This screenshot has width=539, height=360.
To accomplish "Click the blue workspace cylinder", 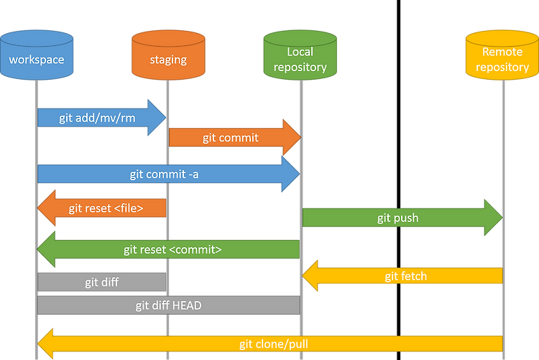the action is coord(37,55).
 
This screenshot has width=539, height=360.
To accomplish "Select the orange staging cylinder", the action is coord(168,55).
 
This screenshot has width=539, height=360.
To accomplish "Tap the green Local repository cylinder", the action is coord(300,55).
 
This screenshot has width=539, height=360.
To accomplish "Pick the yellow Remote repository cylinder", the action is coord(502,55).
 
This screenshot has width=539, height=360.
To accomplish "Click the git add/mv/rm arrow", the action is coord(102,118).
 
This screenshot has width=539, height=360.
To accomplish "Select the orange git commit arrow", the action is coord(235,137).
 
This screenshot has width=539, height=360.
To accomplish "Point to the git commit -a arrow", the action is coord(168,174).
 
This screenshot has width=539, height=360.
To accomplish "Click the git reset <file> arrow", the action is coord(102,208).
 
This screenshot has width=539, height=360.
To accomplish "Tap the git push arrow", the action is coord(402,217).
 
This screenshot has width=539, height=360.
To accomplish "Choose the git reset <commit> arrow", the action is coord(168,249).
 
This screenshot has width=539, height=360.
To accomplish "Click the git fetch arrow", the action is coord(402,276).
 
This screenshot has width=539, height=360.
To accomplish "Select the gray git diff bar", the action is coord(102,282).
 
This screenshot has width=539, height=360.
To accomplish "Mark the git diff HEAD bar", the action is coord(169,305).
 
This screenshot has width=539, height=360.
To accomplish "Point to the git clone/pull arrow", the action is coord(270,344).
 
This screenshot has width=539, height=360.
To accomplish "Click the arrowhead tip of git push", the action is coord(502,217).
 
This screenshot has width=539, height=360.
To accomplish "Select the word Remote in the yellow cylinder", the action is coord(502,52).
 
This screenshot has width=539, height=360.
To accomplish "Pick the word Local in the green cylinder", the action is coord(300,52).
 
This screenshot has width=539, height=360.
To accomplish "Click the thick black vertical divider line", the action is coord(399,180).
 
